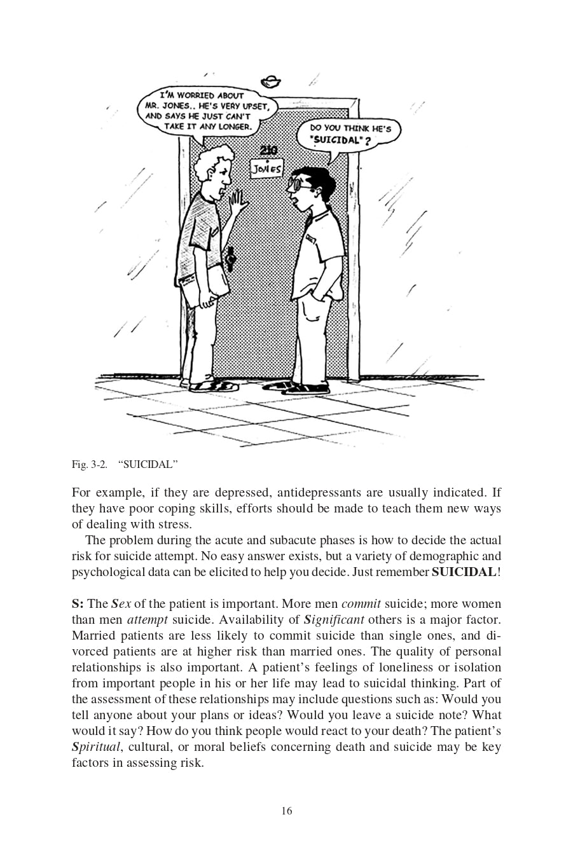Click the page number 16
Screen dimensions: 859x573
(286, 811)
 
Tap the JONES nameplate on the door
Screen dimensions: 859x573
(266, 169)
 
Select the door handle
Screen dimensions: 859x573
(231, 258)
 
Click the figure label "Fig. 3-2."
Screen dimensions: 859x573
(89, 464)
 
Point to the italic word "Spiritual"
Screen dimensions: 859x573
(96, 746)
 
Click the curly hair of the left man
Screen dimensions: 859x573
(213, 159)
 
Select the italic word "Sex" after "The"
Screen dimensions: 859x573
(121, 603)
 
